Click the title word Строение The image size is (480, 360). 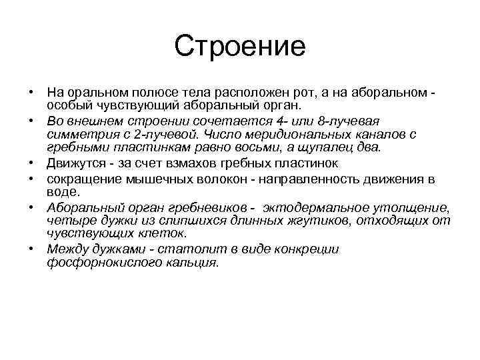click(240, 46)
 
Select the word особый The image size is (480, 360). click(68, 105)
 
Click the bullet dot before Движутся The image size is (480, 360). click(31, 162)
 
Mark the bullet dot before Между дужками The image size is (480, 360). click(31, 248)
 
